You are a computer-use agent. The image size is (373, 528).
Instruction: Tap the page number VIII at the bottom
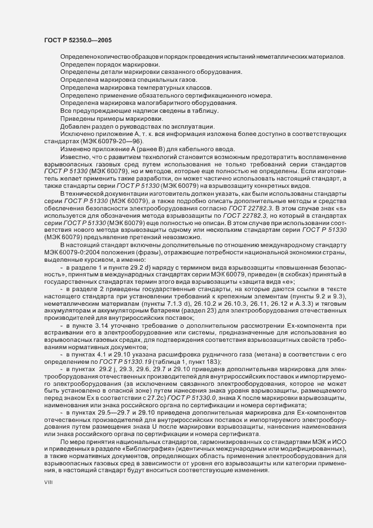pyautogui.click(x=49, y=482)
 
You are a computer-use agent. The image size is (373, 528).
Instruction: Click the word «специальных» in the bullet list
pyautogui.click(x=139, y=80)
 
